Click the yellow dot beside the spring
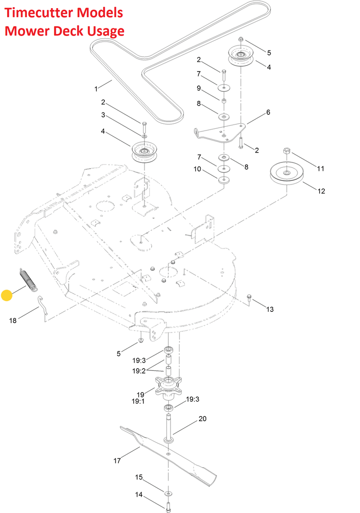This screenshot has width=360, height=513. pos(7,295)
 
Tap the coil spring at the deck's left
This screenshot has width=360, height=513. pos(28,279)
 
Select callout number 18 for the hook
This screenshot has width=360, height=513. pos(13,320)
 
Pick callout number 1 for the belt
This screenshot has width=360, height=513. pos(96,89)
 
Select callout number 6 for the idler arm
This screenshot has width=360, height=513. pos(268,112)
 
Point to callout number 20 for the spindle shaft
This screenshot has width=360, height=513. pos(202,419)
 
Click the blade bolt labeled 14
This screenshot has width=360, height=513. pos(169,506)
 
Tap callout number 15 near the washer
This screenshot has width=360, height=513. pos(139,477)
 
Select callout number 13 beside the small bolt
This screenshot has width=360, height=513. pos(270,309)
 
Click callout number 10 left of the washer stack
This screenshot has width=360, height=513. pos(198,169)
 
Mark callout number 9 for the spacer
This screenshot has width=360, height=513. pos(198,88)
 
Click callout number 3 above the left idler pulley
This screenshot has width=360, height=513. pos(103,115)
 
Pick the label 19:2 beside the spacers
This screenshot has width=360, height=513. pos(139,371)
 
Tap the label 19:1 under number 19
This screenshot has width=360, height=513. pos(138,401)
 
